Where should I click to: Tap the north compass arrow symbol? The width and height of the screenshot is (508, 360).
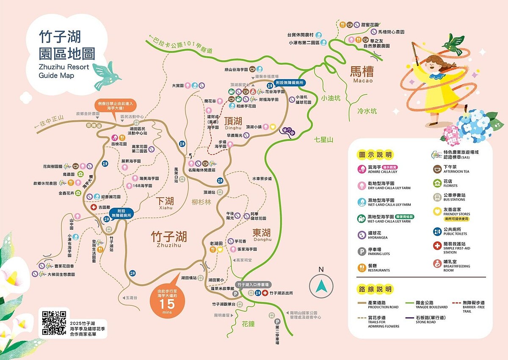pyautogui.click(x=321, y=286)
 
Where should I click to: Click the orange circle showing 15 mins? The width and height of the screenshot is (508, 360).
pyautogui.click(x=167, y=297)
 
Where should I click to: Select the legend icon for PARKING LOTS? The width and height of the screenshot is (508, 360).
pyautogui.click(x=362, y=251)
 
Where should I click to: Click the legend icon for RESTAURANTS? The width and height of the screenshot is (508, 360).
pyautogui.click(x=362, y=267)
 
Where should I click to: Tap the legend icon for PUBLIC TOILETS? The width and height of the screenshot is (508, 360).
pyautogui.click(x=437, y=231)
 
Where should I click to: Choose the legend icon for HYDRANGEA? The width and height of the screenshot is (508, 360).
pyautogui.click(x=362, y=235)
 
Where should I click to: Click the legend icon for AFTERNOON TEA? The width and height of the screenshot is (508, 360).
pyautogui.click(x=437, y=169)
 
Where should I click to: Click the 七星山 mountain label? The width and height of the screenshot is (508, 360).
pyautogui.click(x=324, y=140)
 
